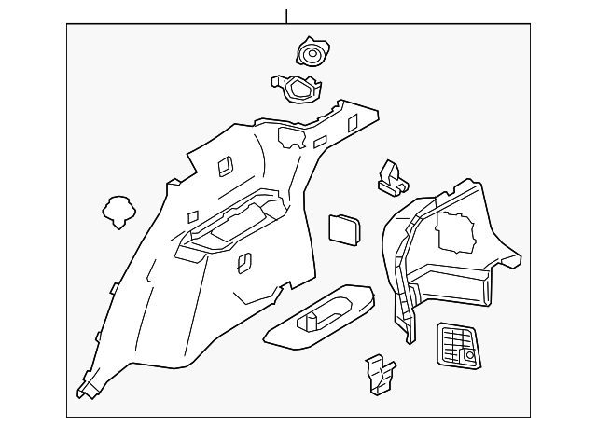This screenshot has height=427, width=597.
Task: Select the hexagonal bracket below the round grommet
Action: click(x=298, y=89)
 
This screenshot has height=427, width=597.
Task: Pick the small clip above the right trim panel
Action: click(x=393, y=178)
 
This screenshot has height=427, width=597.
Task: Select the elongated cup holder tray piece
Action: click(x=320, y=316)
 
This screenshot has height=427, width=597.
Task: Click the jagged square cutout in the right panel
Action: click(x=455, y=230)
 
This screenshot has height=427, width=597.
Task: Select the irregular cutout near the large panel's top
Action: click(x=293, y=137)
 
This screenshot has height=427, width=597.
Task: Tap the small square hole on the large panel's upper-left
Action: click(x=225, y=165)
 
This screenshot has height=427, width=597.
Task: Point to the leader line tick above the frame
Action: click(x=286, y=16)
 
